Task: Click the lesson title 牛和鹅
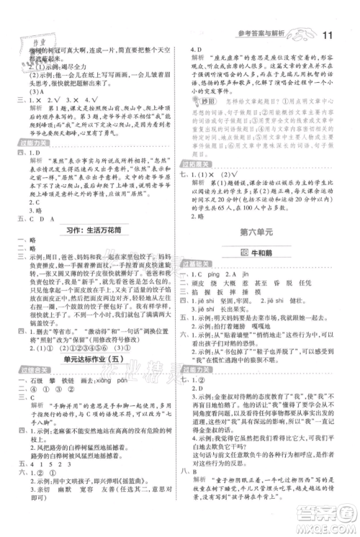coord(269,252)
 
